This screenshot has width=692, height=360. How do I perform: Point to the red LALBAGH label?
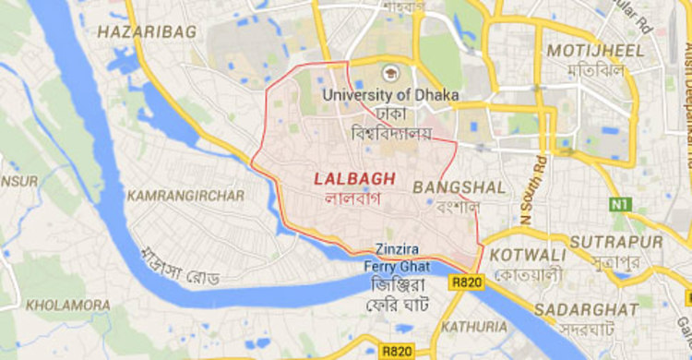tap(354, 178)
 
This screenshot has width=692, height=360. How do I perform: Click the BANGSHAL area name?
tap(459, 187)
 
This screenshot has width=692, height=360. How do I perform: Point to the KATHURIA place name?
tap(474, 327)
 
